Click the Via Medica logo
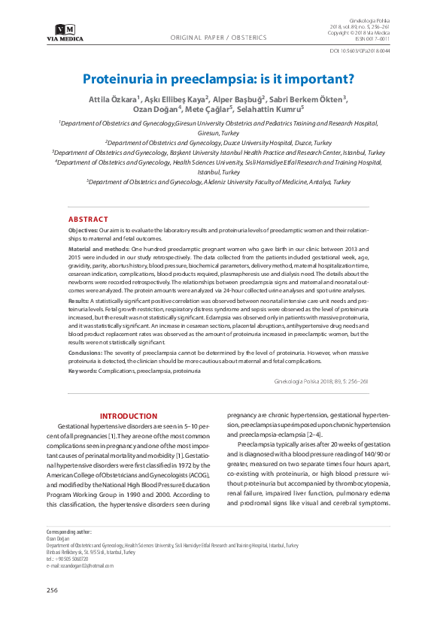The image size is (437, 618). [65, 32]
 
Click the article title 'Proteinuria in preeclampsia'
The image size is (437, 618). [218, 77]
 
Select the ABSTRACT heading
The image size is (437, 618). [88, 219]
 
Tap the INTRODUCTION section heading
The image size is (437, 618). [129, 416]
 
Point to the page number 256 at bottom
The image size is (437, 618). [52, 590]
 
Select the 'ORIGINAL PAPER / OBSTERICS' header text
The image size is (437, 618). [219, 37]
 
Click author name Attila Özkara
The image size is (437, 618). [108, 98]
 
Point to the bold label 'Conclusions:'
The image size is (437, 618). [85, 352]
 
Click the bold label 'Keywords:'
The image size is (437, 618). [81, 371]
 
